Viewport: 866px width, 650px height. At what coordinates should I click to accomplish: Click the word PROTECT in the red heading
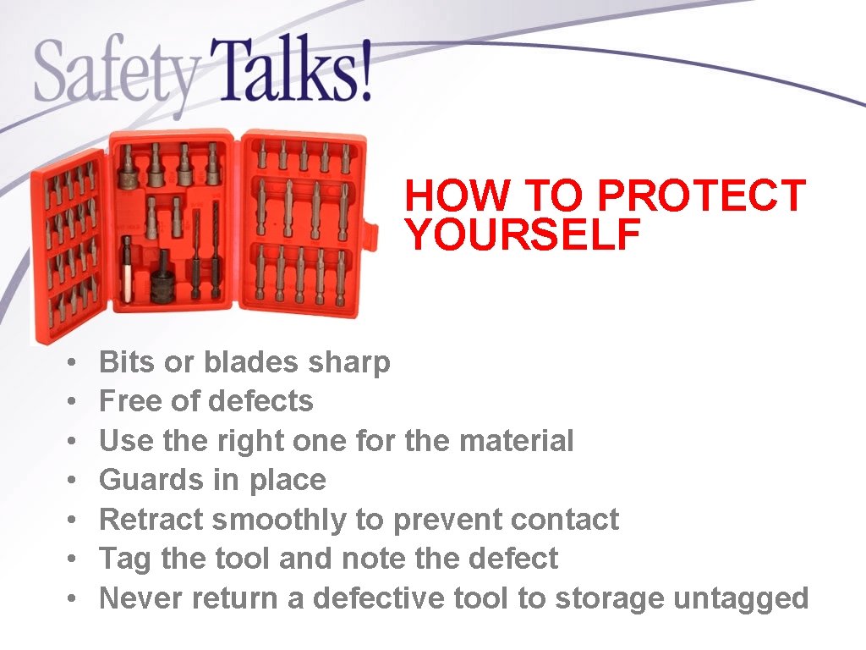(701, 196)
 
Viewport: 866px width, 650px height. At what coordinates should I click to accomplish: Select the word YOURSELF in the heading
(522, 234)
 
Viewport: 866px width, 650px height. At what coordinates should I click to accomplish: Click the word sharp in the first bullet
(348, 362)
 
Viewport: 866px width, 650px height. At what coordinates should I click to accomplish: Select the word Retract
(151, 519)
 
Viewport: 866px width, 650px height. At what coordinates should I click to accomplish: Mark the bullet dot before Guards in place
(74, 481)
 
